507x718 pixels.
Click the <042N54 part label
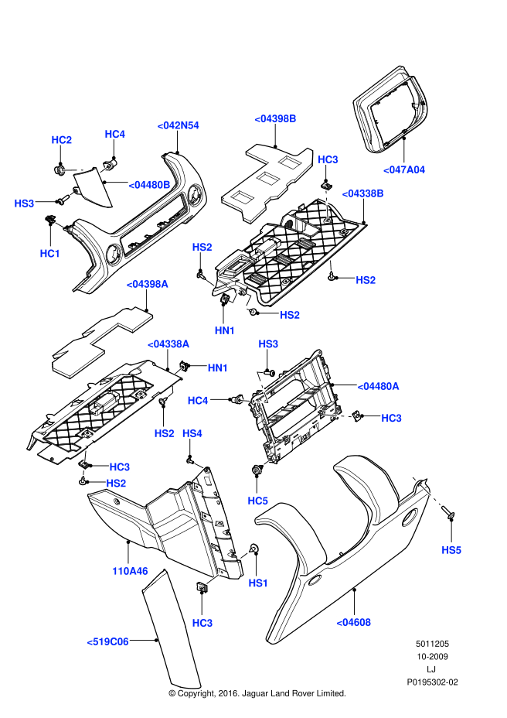pos(178,125)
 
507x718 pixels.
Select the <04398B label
pos(276,118)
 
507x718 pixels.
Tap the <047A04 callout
pos(404,169)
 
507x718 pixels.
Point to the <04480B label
pos(149,184)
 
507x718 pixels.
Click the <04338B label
pos(362,193)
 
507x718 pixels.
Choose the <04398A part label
pos(147,285)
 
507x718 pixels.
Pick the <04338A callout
pos(168,343)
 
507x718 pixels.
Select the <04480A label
pos(378,386)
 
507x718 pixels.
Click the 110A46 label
pos(129,571)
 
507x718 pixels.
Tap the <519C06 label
pos(107,641)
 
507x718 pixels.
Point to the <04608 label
pos(353,621)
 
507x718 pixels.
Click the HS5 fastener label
pos(451,549)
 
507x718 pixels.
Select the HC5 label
pos(257,501)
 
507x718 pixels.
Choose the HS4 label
pos(192,435)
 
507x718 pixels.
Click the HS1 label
pos(257,583)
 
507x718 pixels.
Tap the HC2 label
pos(62,140)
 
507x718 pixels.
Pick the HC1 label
pos(50,253)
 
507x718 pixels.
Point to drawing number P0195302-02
pos(432,683)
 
